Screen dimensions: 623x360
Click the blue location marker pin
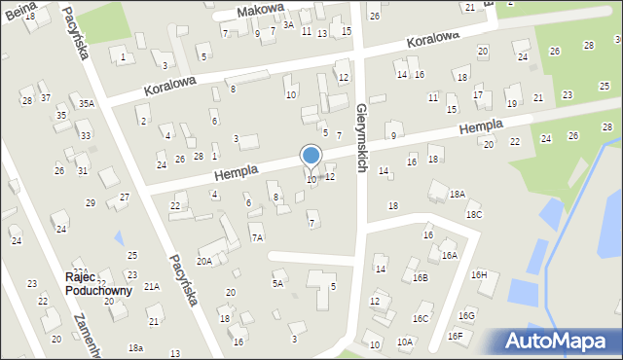(x=311, y=157)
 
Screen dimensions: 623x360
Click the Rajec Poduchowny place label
(x=98, y=283)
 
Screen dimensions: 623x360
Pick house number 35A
(x=87, y=103)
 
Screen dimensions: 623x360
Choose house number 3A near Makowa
(x=287, y=25)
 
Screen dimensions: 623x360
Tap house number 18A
(x=458, y=195)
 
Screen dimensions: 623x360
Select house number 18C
(x=473, y=214)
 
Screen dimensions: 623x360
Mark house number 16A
(x=449, y=256)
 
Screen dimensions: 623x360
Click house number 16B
(x=419, y=277)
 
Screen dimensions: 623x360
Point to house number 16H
(x=479, y=274)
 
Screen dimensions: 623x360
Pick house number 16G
(x=467, y=315)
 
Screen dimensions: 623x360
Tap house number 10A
(x=405, y=342)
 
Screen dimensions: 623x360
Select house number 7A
(x=257, y=237)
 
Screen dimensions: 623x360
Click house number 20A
(x=204, y=261)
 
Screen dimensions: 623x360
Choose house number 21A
(x=152, y=286)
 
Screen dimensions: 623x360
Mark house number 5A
(x=278, y=283)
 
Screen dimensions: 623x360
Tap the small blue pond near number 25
(x=119, y=236)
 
